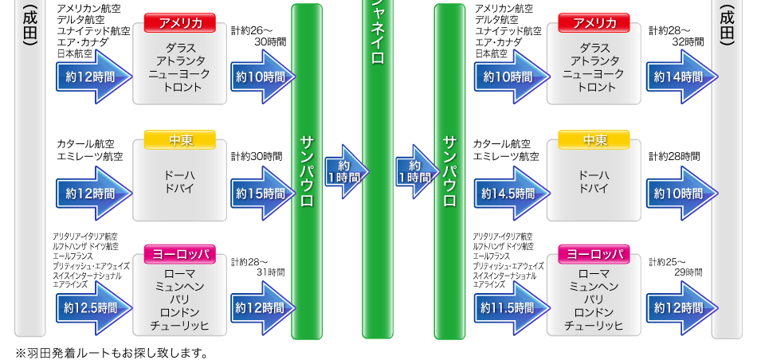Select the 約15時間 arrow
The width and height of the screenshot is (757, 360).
pyautogui.click(x=261, y=194)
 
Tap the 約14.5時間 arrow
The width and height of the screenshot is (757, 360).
pyautogui.click(x=510, y=194)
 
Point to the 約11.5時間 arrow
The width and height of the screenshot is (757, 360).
pyautogui.click(x=510, y=308)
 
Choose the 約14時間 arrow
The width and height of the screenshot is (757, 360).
pyautogui.click(x=680, y=77)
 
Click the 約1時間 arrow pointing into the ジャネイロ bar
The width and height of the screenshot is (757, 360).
pyautogui.click(x=345, y=171)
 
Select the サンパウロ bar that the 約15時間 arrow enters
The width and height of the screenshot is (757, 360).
pyautogui.click(x=307, y=171)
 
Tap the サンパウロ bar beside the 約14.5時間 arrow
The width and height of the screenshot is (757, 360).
pyautogui.click(x=449, y=171)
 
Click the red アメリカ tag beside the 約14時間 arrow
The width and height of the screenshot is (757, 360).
pyautogui.click(x=594, y=22)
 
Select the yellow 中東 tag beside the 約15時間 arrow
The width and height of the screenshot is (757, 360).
pyautogui.click(x=180, y=140)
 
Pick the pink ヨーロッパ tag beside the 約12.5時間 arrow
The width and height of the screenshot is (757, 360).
pyautogui.click(x=180, y=255)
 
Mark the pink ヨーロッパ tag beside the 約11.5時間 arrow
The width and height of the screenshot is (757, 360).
pyautogui.click(x=594, y=255)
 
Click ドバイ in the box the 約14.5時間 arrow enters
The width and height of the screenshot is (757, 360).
pyautogui.click(x=594, y=189)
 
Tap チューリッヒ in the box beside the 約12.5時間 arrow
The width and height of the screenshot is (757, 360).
pyautogui.click(x=180, y=326)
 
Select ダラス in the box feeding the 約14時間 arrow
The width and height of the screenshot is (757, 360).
pyautogui.click(x=594, y=48)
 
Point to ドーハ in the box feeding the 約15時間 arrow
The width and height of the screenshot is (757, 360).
pyautogui.click(x=180, y=175)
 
